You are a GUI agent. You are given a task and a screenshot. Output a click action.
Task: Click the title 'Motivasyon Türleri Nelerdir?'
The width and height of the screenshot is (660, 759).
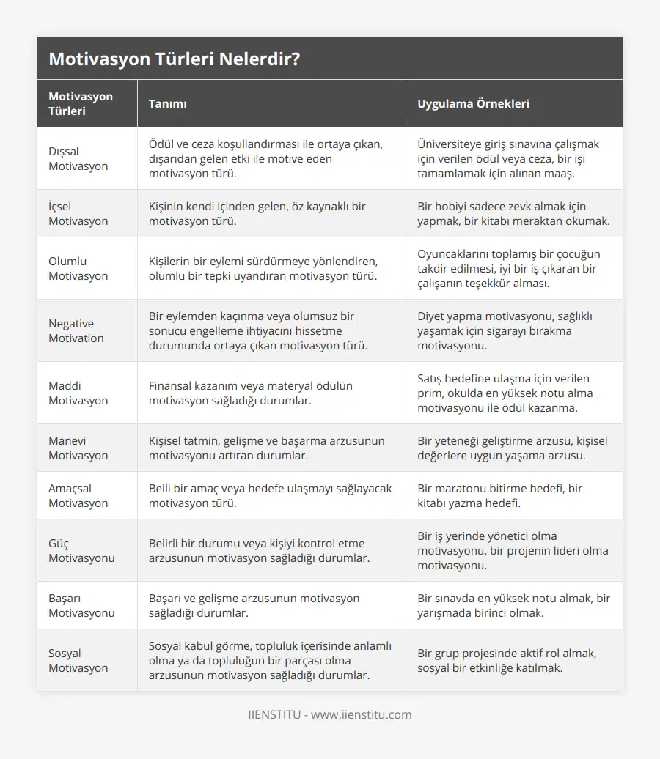[x=174, y=59]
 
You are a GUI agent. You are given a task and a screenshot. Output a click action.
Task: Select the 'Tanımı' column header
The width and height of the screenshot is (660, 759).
[x=167, y=104]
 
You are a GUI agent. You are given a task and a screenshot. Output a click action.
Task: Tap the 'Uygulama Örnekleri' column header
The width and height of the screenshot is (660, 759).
[x=473, y=104]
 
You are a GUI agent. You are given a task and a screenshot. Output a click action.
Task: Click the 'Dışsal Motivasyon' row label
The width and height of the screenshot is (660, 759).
[x=78, y=159]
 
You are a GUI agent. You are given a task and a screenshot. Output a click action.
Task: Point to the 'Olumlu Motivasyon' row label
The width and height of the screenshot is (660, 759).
[x=78, y=269]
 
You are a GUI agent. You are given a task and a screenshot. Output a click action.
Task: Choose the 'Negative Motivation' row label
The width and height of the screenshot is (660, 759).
[x=76, y=331]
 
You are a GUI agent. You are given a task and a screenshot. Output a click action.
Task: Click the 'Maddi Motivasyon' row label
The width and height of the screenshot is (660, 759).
[x=78, y=393]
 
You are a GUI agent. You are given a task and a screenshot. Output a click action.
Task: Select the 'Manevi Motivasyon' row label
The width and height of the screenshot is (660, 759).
[x=78, y=448]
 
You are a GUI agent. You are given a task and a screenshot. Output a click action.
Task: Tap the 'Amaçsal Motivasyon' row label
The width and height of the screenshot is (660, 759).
[x=78, y=496]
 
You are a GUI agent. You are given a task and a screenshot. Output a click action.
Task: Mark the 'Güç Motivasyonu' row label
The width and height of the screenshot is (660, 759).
[x=81, y=551]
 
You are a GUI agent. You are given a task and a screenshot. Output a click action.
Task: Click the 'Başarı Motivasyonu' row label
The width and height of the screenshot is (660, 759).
[x=81, y=606]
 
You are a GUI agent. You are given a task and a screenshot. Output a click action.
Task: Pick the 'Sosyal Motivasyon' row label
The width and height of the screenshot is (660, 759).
[x=78, y=661]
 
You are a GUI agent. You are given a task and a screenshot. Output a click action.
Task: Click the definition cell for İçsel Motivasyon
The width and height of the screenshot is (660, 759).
[x=257, y=214]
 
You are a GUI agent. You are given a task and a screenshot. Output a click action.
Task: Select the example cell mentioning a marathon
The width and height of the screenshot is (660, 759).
[x=499, y=496]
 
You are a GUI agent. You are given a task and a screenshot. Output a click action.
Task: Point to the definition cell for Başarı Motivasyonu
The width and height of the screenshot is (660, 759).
[x=254, y=606]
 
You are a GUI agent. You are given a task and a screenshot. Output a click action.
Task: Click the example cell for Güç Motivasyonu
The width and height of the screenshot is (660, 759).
[x=513, y=551]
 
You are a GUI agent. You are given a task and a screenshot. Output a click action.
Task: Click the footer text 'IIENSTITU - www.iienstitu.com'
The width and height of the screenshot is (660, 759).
[x=330, y=715]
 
